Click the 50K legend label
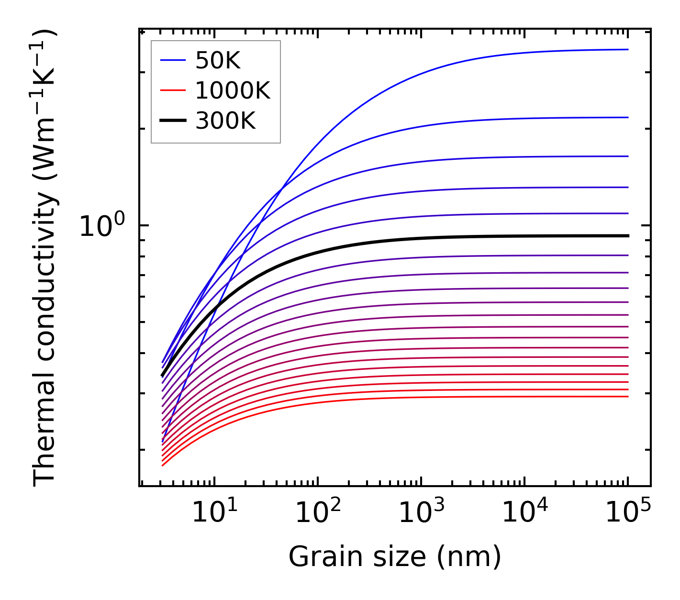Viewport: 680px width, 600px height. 218,61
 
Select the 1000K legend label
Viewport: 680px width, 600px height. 233,90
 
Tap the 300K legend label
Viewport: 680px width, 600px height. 225,121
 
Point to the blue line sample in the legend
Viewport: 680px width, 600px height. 172,60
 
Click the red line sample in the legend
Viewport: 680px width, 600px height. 172,90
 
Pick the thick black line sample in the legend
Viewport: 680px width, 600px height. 172,121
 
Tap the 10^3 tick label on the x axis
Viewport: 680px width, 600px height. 421,513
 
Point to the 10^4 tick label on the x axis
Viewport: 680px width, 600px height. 524,513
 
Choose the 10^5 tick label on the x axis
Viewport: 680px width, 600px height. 627,513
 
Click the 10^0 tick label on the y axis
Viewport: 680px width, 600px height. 101,227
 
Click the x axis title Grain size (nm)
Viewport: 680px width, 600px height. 395,557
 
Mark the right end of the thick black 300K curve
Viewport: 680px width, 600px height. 628,236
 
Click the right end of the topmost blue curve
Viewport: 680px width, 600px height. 628,49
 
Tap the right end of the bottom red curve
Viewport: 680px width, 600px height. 628,397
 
